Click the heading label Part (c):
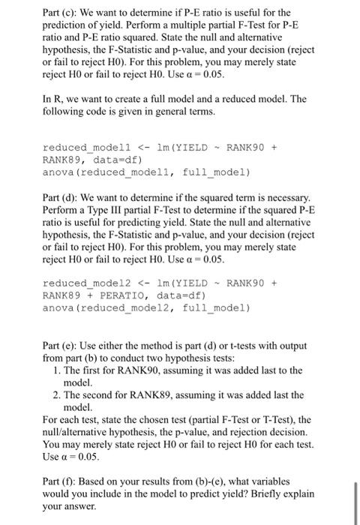tap(61, 13)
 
